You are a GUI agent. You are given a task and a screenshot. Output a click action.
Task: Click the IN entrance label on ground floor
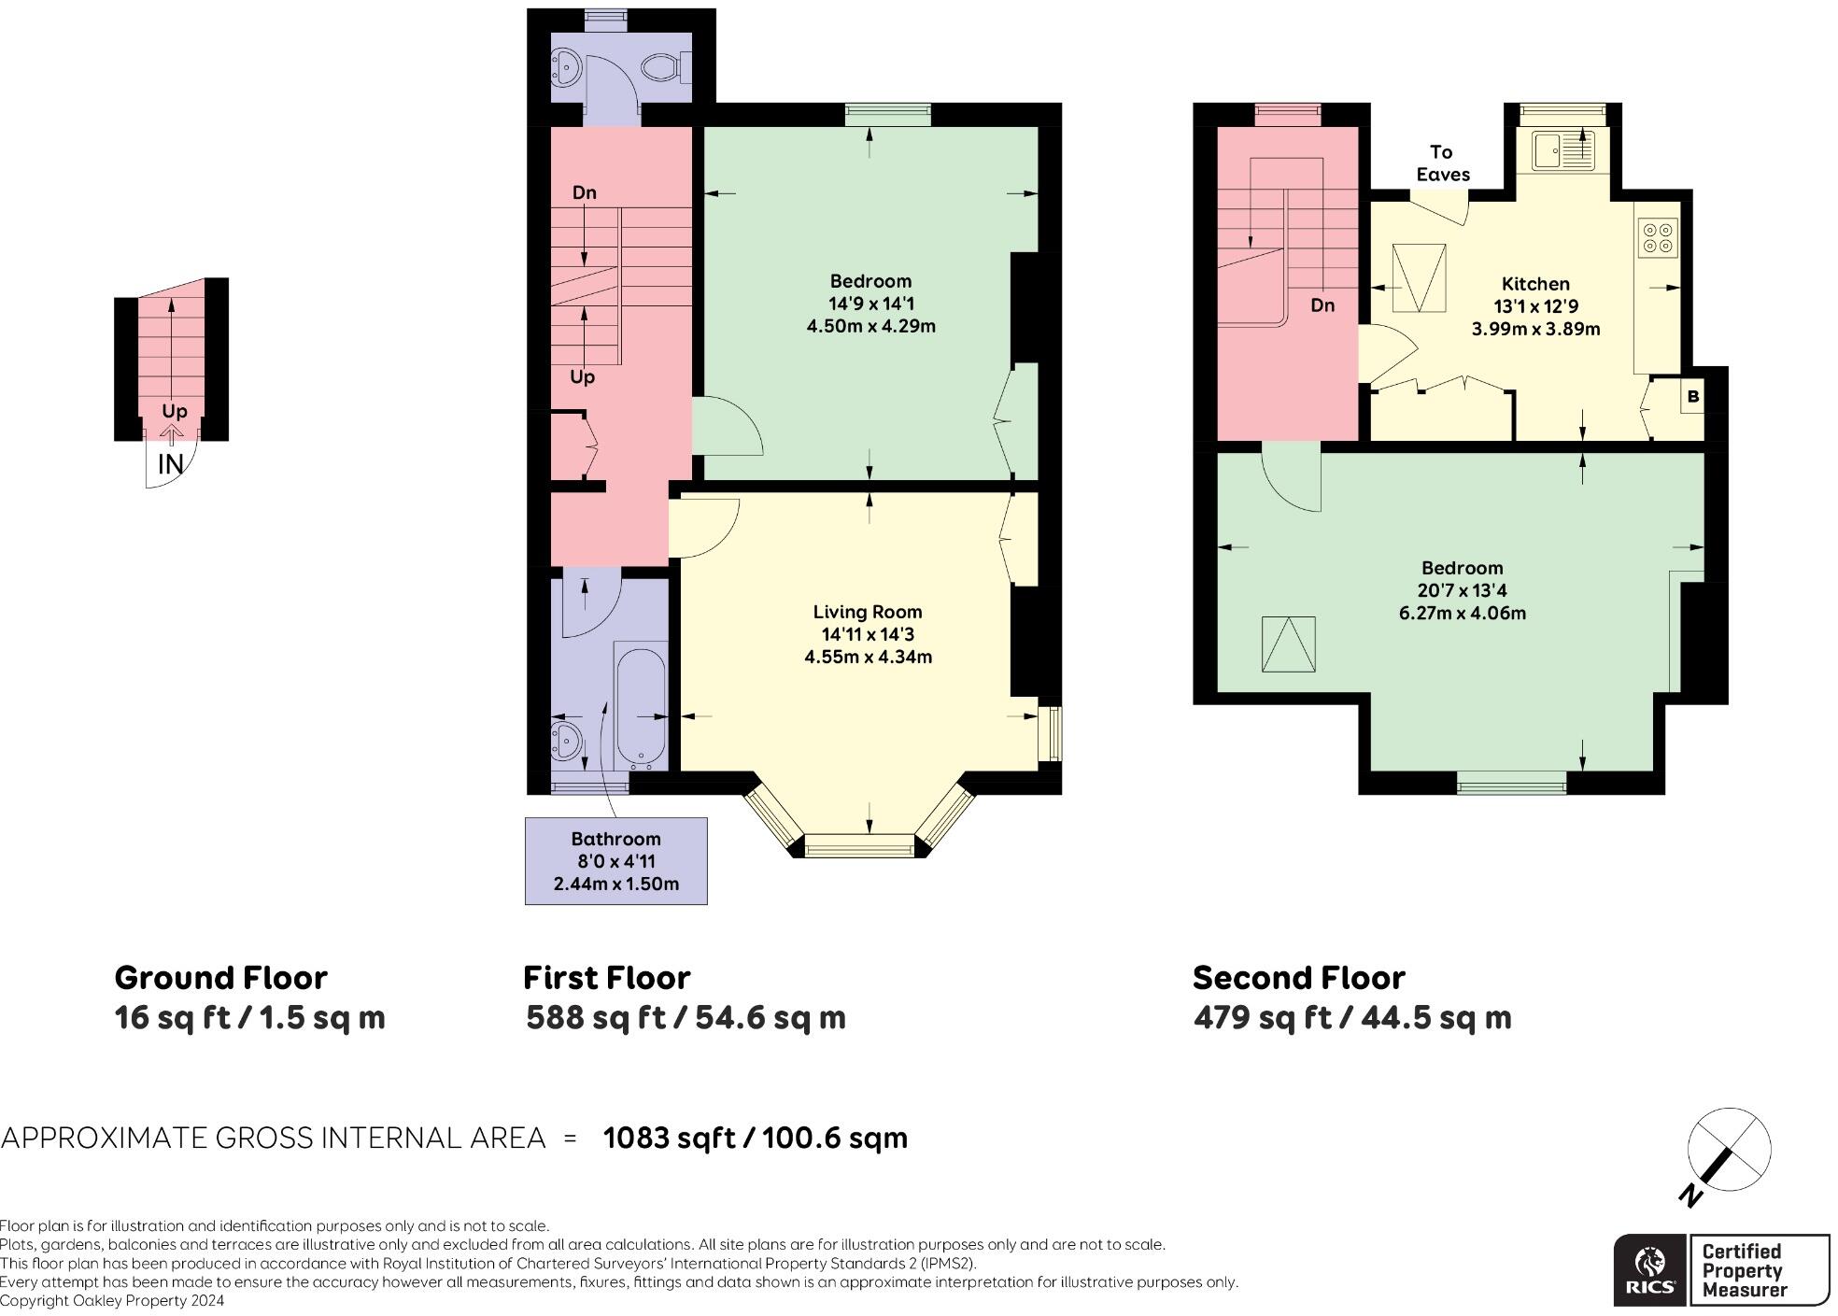[x=170, y=464]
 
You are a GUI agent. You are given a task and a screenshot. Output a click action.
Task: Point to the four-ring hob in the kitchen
[x=1657, y=237]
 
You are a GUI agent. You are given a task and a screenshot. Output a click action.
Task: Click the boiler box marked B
[x=1692, y=397]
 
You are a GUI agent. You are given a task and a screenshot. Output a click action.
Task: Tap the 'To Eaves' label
[x=1442, y=163]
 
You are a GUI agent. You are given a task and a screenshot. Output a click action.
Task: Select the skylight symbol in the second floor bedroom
[x=1288, y=644]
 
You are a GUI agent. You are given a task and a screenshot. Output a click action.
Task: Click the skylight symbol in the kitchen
[x=1419, y=277]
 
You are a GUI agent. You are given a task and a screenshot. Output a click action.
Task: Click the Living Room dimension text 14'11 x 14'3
[x=868, y=635]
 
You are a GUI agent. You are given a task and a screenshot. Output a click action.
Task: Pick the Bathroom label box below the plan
[x=615, y=861]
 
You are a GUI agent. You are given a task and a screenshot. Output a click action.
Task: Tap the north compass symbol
[x=1728, y=1151]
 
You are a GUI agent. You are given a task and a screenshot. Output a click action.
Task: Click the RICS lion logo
[x=1650, y=1269]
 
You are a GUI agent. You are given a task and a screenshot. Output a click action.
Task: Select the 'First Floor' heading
[x=606, y=978]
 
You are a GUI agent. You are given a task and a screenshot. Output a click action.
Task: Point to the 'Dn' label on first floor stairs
[x=584, y=193]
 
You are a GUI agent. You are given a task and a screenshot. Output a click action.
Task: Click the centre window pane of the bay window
[x=859, y=848]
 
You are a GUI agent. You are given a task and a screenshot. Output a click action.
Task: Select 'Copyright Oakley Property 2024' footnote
[x=112, y=1301]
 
